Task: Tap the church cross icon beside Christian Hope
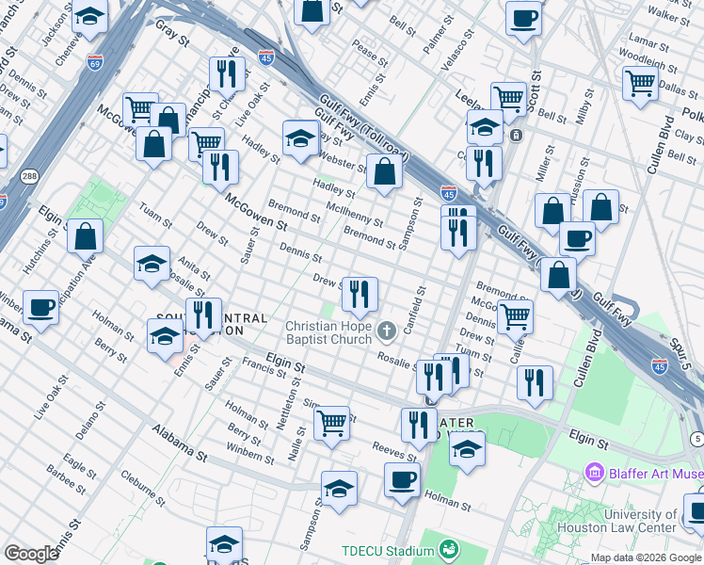[387, 331]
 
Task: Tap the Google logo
[32, 553]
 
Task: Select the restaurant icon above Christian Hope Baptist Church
[359, 295]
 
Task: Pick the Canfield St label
[411, 310]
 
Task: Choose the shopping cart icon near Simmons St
[331, 424]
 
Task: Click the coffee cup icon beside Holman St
[402, 480]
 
